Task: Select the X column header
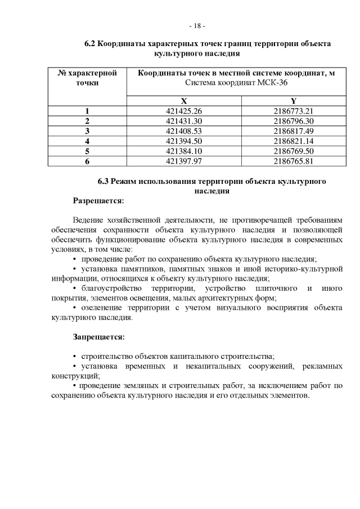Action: pos(184,100)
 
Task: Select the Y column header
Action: pos(293,100)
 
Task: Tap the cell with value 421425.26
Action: pos(184,111)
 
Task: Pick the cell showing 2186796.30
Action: pos(293,121)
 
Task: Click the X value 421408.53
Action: pos(184,131)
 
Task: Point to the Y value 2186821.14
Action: pos(293,141)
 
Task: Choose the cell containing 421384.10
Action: pos(184,151)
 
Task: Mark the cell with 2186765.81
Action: pos(293,161)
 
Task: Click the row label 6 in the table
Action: pos(87,161)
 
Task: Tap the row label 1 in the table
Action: pos(87,111)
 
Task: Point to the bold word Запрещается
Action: pos(98,337)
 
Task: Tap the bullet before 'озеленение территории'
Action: pos(75,308)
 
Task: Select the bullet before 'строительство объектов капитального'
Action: pos(75,357)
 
